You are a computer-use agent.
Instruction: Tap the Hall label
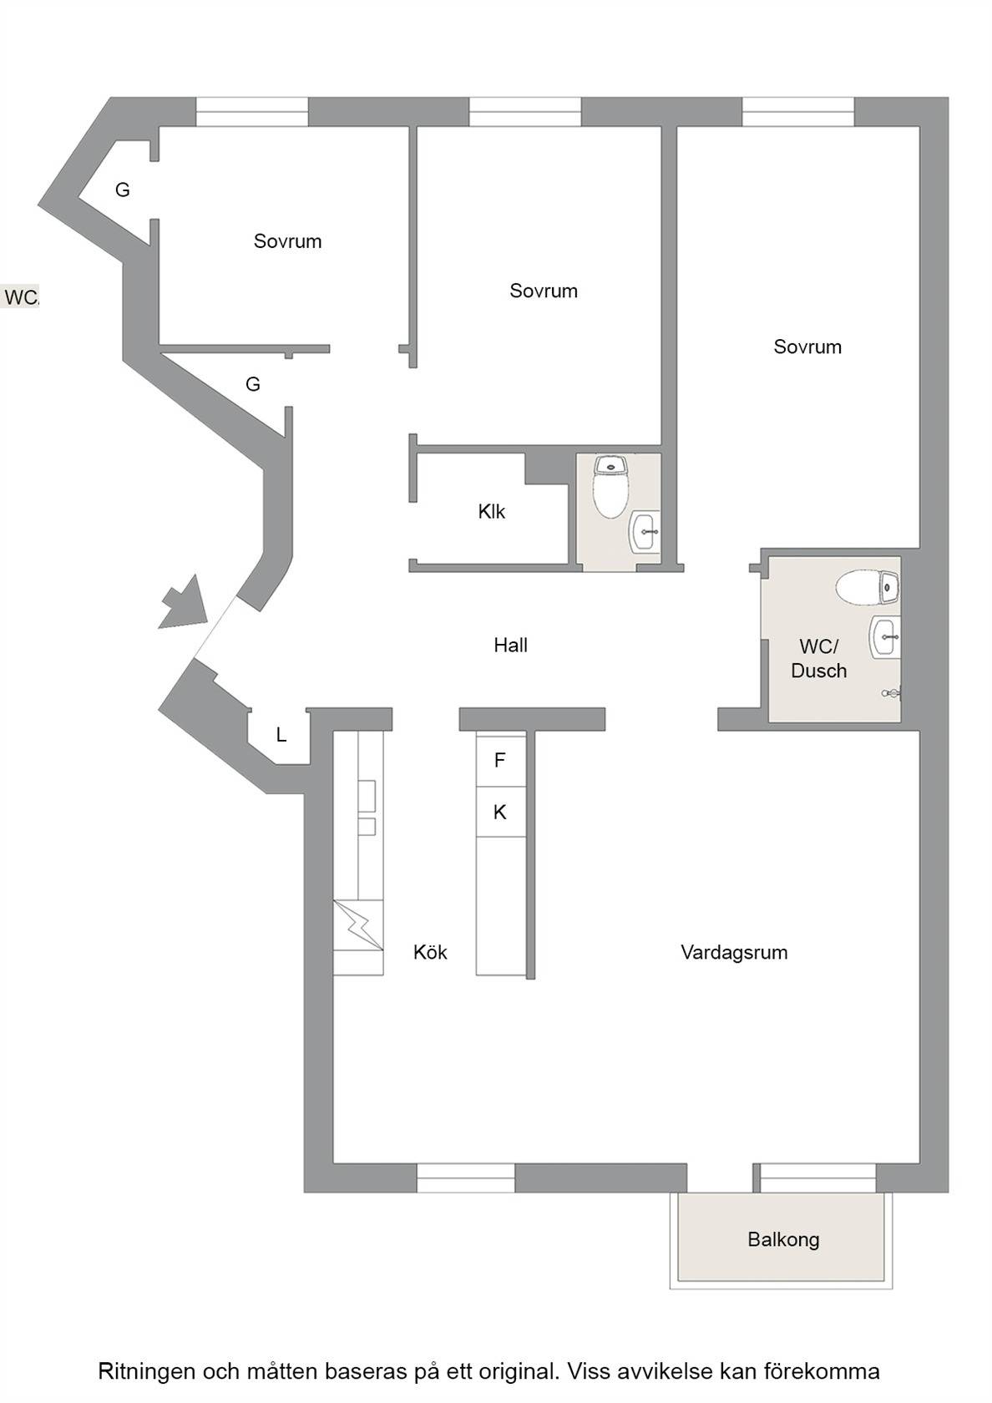click(510, 645)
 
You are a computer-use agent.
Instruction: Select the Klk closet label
click(492, 512)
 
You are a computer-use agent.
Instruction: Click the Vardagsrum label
click(734, 953)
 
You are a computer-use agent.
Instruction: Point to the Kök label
click(430, 953)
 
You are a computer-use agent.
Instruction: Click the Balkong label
click(783, 1239)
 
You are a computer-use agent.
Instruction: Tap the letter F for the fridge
click(499, 760)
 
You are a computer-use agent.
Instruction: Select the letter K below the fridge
click(499, 813)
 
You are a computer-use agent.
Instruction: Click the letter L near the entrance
click(282, 735)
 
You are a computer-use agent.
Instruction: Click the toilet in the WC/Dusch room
click(868, 588)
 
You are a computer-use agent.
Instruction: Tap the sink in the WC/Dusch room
click(884, 636)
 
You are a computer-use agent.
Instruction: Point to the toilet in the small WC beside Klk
click(610, 486)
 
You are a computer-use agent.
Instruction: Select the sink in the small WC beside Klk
click(645, 532)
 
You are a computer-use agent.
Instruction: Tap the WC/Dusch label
click(818, 658)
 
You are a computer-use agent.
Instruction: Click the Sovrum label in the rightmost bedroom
click(807, 347)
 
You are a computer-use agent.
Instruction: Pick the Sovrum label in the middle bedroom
click(544, 291)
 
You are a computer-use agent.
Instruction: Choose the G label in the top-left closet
click(123, 190)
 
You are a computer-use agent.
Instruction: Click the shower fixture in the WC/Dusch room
click(891, 693)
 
